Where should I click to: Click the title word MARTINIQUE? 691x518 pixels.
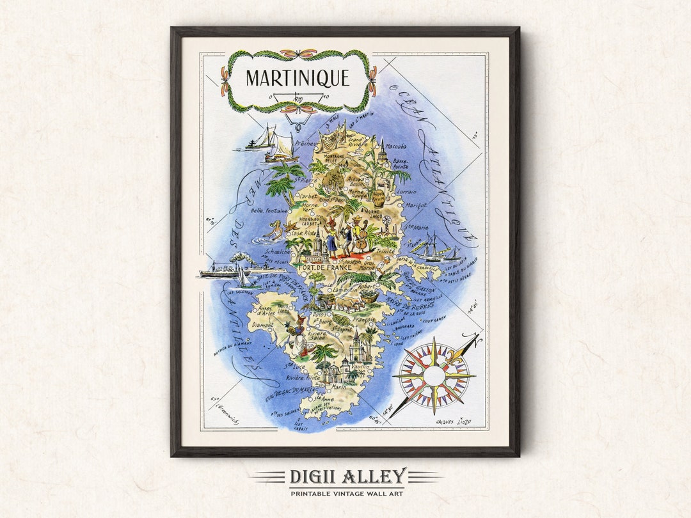click(x=298, y=78)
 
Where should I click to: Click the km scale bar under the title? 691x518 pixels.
click(x=297, y=97)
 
